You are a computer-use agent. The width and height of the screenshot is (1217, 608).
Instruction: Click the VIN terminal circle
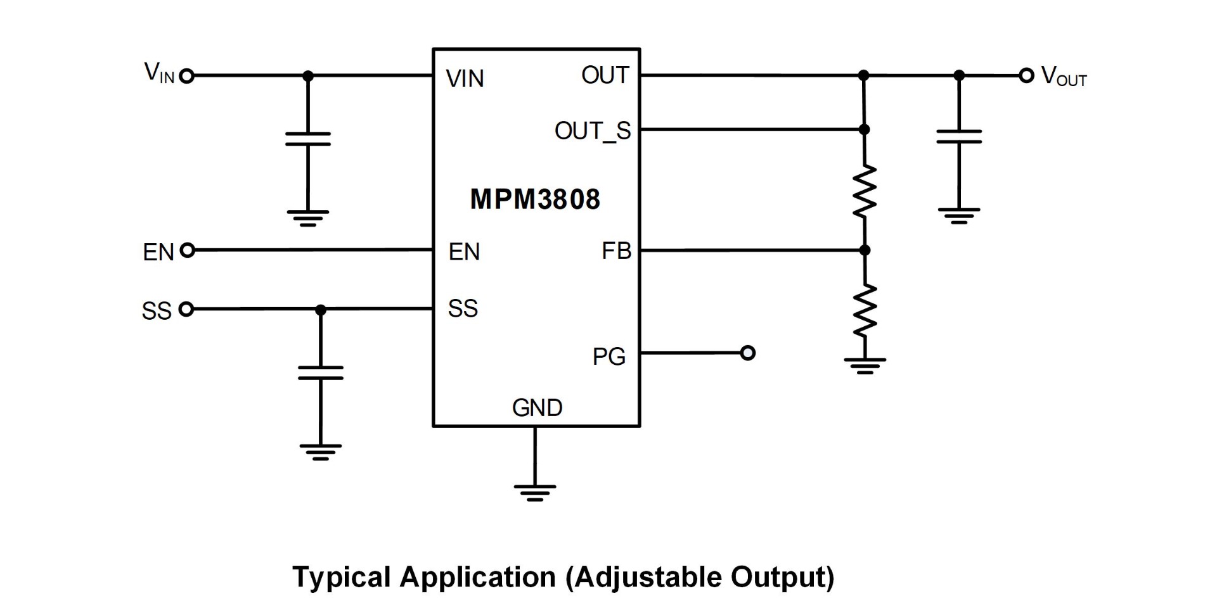point(186,77)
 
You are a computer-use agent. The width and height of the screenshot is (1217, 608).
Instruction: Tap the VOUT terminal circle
point(1026,76)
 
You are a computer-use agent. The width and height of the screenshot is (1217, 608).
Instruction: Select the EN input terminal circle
point(187,250)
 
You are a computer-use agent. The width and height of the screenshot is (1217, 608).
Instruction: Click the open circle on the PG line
point(748,353)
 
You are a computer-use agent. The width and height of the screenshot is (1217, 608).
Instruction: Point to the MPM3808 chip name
point(535,199)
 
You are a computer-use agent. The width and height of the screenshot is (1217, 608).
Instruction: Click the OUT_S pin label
point(593,131)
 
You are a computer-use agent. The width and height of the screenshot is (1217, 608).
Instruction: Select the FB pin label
point(616,251)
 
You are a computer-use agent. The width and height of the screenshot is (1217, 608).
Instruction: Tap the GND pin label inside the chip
point(537,408)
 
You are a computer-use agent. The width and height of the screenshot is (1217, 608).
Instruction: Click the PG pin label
point(608,357)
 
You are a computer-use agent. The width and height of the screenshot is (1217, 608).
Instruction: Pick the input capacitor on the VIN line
point(308,139)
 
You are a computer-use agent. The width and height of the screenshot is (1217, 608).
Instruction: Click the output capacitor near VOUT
point(959,137)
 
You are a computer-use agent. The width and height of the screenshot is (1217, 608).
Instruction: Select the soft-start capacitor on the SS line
point(321,373)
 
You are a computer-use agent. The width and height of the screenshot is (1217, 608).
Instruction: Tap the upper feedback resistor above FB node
point(864,191)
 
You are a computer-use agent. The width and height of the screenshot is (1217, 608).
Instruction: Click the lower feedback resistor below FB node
point(865,310)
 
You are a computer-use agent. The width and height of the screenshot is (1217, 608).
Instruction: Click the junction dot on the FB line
point(865,250)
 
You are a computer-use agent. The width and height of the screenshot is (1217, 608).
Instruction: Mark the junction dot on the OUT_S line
point(864,129)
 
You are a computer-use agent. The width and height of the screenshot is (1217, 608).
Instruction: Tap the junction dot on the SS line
point(321,310)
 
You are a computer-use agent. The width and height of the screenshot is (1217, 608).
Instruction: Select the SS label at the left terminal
point(157,311)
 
